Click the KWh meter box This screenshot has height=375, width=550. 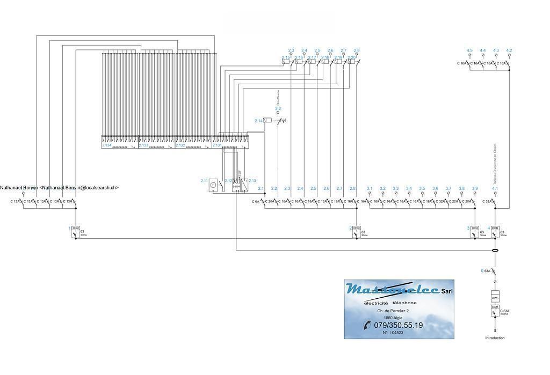point(495,297)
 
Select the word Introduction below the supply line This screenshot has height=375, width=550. point(495,338)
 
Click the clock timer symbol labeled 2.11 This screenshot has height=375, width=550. point(213,185)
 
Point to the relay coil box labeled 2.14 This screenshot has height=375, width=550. point(267,121)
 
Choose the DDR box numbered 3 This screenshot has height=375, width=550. point(474,228)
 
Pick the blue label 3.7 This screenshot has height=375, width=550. point(448,189)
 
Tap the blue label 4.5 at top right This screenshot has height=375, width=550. point(469,50)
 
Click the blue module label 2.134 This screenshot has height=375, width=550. point(106,145)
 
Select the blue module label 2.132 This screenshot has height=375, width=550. point(180,145)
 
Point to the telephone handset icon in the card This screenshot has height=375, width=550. point(367,325)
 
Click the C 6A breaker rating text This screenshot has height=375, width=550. point(255,202)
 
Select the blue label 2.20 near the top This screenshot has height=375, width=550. point(352,57)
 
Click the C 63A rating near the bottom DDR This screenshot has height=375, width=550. point(505,311)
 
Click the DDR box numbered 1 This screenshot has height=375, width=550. point(76,228)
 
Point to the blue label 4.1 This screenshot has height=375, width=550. point(495,189)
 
